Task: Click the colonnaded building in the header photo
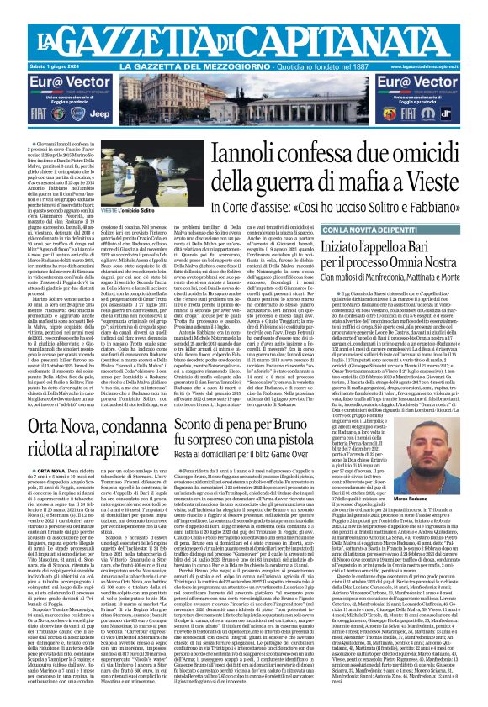click(244, 92)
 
